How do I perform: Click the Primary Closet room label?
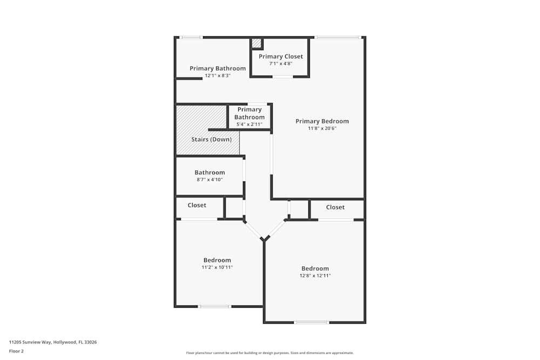pyautogui.click(x=281, y=56)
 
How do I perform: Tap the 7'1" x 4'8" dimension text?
pyautogui.click(x=281, y=64)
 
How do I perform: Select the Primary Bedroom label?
pyautogui.click(x=322, y=121)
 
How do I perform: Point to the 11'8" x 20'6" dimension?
pyautogui.click(x=322, y=128)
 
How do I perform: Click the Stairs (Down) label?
pyautogui.click(x=212, y=139)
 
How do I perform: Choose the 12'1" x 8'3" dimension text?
pyautogui.click(x=218, y=76)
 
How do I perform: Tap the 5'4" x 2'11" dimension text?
pyautogui.click(x=249, y=124)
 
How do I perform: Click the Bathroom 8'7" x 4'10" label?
pyautogui.click(x=210, y=173)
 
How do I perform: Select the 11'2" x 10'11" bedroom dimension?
pyautogui.click(x=217, y=267)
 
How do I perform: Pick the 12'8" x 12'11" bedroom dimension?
pyautogui.click(x=315, y=276)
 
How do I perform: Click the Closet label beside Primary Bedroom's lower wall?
pyautogui.click(x=335, y=207)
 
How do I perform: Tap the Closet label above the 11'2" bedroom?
pyautogui.click(x=197, y=205)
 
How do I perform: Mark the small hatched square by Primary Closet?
pyautogui.click(x=256, y=43)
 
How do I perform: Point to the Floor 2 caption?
pyautogui.click(x=16, y=351)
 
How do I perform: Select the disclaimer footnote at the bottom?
pyautogui.click(x=269, y=353)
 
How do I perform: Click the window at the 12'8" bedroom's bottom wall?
pyautogui.click(x=312, y=323)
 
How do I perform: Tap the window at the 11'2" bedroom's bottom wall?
pyautogui.click(x=215, y=307)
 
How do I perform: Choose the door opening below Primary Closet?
pyautogui.click(x=282, y=77)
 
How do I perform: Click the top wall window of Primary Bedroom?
pyautogui.click(x=337, y=37)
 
